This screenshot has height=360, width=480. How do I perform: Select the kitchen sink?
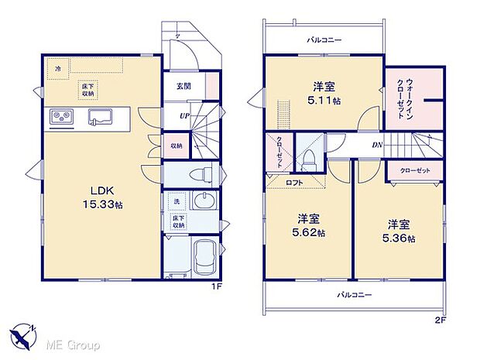coord(100,118)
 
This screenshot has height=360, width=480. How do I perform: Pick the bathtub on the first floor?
coord(203,259)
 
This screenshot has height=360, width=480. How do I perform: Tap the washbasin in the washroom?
coord(202,204)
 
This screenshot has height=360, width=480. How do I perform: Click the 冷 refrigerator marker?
coord(57,69)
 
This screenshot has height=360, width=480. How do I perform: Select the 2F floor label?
coord(440,318)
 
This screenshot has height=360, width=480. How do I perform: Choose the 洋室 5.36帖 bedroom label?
coord(399,231)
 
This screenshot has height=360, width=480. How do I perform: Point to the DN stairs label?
coord(377,144)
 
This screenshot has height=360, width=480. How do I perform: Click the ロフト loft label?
coord(295,182)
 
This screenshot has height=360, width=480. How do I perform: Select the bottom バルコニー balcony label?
coord(355,295)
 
